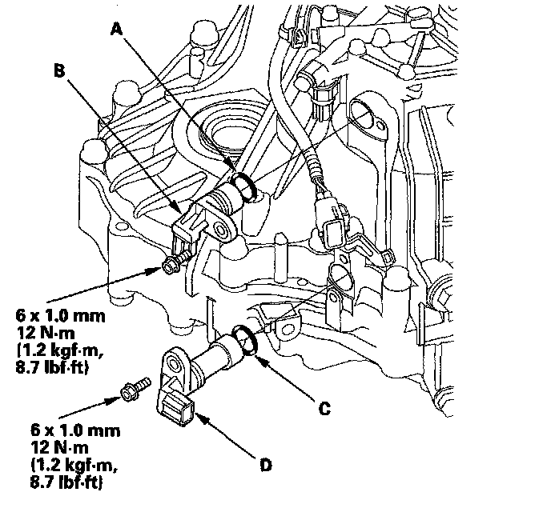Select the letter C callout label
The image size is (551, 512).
coord(324,408)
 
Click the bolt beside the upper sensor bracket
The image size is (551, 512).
coord(169,265)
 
